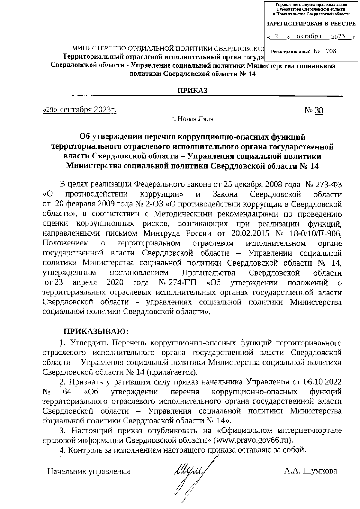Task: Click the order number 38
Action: [x=319, y=111]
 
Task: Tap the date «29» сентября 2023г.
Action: [x=79, y=110]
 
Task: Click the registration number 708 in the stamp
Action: [x=331, y=51]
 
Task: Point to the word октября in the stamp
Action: [x=309, y=36]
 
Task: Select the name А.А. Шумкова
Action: [x=310, y=471]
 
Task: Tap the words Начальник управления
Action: [x=89, y=471]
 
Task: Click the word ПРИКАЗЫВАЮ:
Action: [x=95, y=332]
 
